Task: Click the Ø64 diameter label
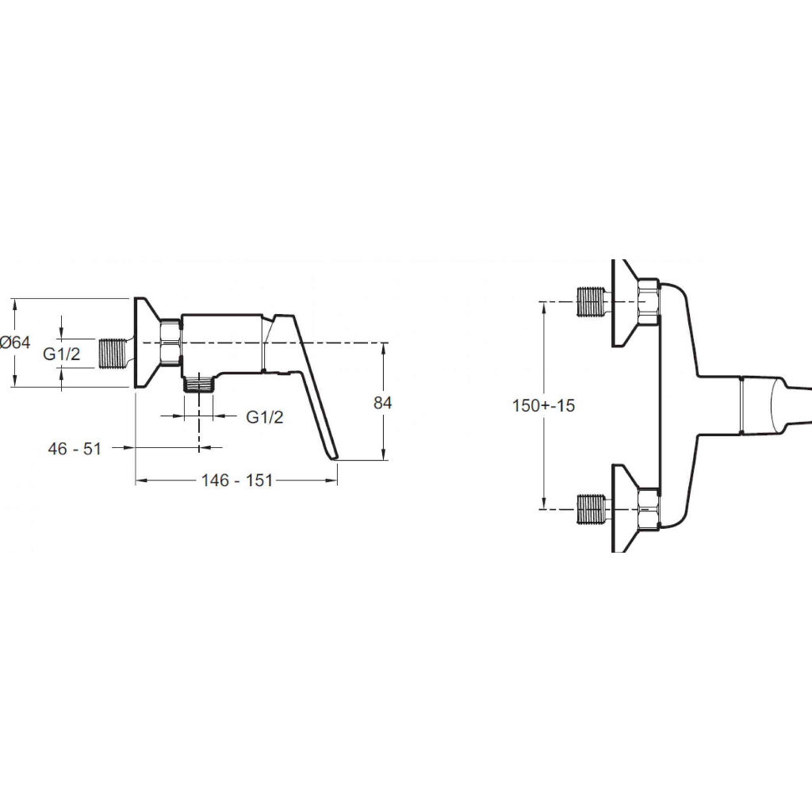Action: click(15, 343)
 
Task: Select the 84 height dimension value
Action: click(383, 402)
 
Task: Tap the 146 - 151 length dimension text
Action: click(236, 481)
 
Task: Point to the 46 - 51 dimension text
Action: click(75, 449)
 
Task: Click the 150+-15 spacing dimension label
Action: click(543, 405)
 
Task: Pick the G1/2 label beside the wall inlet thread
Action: click(62, 354)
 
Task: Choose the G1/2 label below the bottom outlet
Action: click(265, 417)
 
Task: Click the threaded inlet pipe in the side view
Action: click(113, 354)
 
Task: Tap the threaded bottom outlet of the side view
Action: click(199, 385)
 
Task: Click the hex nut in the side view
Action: click(170, 343)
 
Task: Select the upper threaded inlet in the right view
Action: click(591, 301)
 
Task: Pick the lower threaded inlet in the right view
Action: click(591, 509)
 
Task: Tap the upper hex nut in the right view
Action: click(649, 302)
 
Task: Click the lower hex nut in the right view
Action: click(649, 509)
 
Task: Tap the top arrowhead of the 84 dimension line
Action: click(384, 350)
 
